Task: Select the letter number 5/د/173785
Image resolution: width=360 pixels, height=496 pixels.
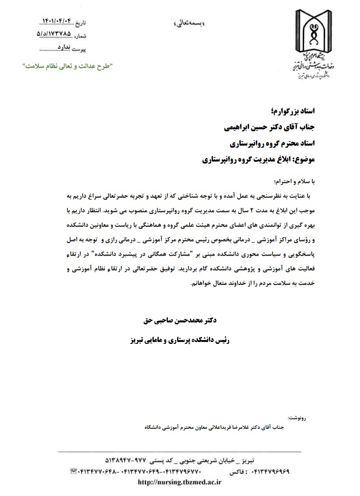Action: (53, 34)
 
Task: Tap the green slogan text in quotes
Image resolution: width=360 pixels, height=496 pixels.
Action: (68, 66)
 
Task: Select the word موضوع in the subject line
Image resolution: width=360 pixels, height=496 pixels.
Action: (308, 160)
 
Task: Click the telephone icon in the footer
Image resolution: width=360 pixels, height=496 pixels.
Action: (73, 472)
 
